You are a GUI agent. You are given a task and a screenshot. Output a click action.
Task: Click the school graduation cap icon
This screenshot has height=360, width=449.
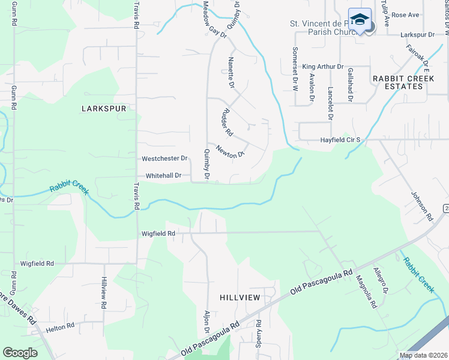click(360, 20)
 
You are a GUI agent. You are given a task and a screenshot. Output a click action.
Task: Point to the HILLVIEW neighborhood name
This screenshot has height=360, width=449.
click(240, 298)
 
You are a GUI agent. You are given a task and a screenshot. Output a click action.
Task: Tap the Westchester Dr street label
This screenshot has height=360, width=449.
click(164, 159)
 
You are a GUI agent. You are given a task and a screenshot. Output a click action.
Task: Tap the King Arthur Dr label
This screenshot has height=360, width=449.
click(323, 67)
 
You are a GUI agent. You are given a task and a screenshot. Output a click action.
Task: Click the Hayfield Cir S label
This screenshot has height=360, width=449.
click(340, 140)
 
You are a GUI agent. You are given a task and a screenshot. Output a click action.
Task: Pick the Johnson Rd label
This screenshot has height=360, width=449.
click(421, 206)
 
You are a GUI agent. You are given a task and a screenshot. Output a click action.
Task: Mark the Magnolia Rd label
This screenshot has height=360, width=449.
click(366, 292)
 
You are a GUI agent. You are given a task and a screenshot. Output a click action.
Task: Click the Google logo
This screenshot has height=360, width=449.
click(20, 353)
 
